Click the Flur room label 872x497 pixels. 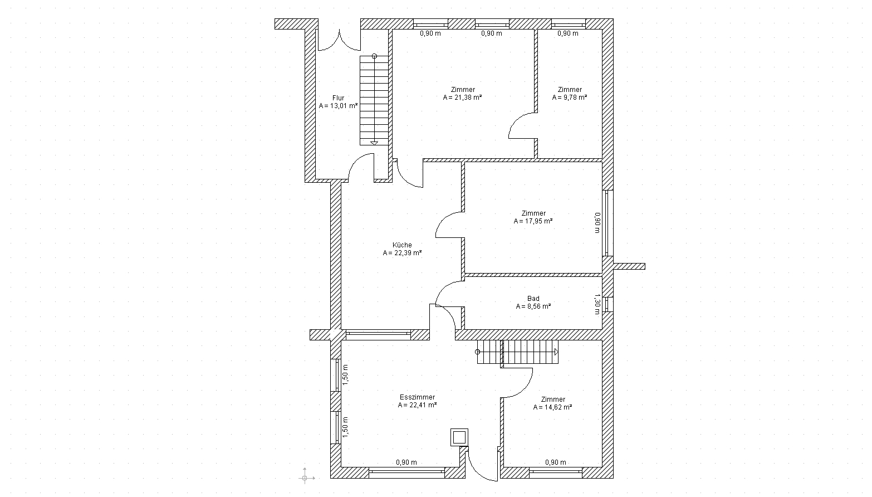(x=339, y=98)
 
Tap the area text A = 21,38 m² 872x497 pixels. (x=463, y=98)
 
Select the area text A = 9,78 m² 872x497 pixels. (x=570, y=98)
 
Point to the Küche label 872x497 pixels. (x=402, y=245)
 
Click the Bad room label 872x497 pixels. (x=533, y=298)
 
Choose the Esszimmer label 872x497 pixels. (x=417, y=397)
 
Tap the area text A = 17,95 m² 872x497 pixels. (x=533, y=221)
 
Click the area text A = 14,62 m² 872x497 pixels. (x=553, y=407)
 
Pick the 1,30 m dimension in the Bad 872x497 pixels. (x=597, y=304)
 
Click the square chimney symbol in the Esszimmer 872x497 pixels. (x=459, y=437)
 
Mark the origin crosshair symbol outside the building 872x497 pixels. (x=305, y=478)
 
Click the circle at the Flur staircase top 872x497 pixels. (x=374, y=56)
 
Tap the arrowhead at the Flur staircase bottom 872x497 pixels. (x=374, y=143)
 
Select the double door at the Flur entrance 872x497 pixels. (x=340, y=41)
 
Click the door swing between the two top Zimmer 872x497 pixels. (x=522, y=125)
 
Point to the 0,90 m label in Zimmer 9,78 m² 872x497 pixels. (x=567, y=33)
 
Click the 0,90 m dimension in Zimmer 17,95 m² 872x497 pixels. (x=597, y=223)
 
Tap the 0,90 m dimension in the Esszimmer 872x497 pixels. (x=406, y=462)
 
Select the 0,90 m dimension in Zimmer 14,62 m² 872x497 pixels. (x=556, y=462)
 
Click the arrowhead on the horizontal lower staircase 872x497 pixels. (x=556, y=352)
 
